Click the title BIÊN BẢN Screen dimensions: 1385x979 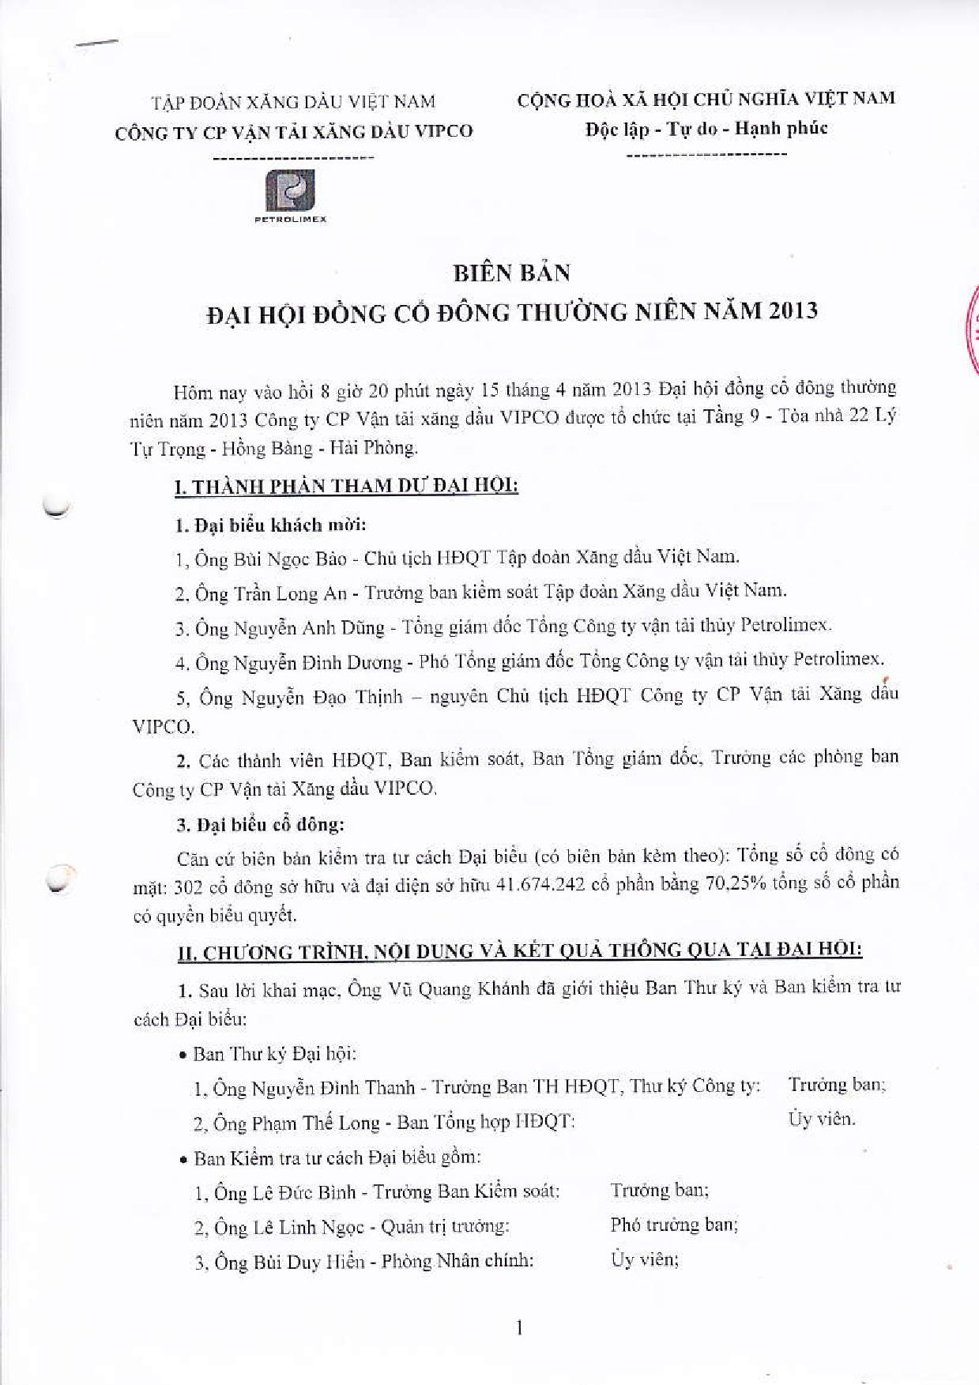511,273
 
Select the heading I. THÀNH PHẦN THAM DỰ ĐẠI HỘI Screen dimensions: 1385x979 346,486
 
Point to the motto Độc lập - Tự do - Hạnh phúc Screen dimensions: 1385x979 706,129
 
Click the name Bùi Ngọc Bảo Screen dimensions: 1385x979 291,559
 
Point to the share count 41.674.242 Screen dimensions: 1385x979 540,885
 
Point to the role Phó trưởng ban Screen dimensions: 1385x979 674,1225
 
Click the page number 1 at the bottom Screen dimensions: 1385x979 518,1329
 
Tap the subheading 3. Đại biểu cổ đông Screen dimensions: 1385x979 260,825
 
